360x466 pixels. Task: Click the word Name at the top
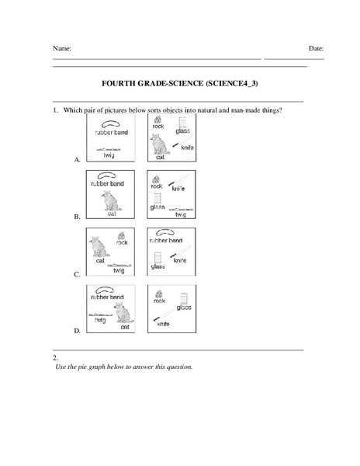coord(62,48)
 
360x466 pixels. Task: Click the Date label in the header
coord(316,48)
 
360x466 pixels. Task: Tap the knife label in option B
coord(178,188)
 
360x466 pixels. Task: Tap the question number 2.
coord(54,358)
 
